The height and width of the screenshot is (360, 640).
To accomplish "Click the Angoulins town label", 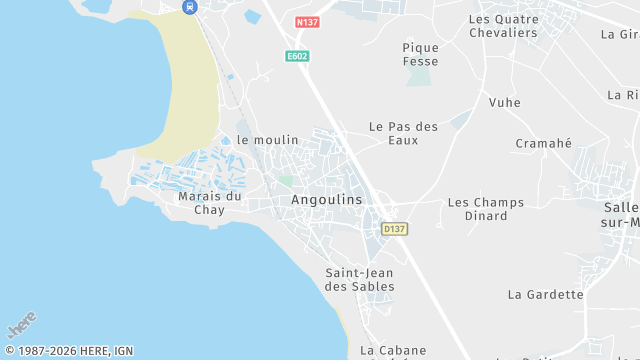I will click(x=327, y=199).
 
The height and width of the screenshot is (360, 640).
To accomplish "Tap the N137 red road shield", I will click(x=308, y=21).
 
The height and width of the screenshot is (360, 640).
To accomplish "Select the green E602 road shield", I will click(x=297, y=57).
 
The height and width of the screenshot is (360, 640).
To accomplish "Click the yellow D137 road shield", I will click(x=395, y=229).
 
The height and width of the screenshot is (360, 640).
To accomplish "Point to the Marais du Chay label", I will click(x=210, y=203).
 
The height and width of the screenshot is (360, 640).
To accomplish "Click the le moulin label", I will click(x=268, y=140).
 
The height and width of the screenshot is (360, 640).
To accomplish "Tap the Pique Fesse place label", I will click(x=420, y=54).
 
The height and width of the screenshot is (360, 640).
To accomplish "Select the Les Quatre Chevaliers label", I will click(x=503, y=26).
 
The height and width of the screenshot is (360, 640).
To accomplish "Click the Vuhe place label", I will click(x=505, y=102).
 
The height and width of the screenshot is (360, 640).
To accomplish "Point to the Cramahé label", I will click(x=543, y=143).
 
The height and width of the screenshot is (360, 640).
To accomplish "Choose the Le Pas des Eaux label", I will click(x=404, y=133).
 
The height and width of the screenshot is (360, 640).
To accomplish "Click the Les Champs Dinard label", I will click(x=485, y=209).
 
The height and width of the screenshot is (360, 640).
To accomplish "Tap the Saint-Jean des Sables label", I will click(x=360, y=279).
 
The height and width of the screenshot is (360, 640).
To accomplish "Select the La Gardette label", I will click(x=545, y=294).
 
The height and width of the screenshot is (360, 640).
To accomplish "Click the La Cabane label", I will click(x=393, y=350).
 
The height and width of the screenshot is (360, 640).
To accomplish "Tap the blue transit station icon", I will click(x=189, y=6).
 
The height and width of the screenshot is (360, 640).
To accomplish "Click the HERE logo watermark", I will click(x=21, y=326).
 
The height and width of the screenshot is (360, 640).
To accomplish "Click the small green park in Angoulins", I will click(x=287, y=181).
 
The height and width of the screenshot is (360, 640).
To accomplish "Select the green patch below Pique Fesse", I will click(x=421, y=77).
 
